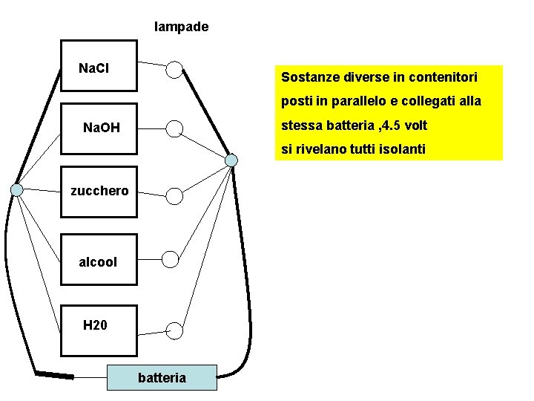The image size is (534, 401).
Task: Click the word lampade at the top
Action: [x=181, y=27]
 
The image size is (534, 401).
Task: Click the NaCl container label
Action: [x=94, y=69]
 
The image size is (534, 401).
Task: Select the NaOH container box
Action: [x=99, y=129]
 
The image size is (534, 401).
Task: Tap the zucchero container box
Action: [x=99, y=192]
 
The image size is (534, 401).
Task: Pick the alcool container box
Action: [x=99, y=261]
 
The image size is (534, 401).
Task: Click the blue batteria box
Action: [x=162, y=377]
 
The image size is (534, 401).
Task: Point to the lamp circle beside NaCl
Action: [x=174, y=69]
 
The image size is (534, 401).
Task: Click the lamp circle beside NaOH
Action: [x=174, y=129]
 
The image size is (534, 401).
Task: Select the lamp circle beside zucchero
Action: [x=174, y=196]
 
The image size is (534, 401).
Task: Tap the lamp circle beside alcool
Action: [x=171, y=259]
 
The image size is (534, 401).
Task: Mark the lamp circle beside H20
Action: [x=174, y=330]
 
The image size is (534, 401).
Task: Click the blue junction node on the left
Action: [x=17, y=189]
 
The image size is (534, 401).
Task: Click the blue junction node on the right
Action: [x=231, y=160]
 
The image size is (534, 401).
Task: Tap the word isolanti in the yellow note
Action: [x=400, y=150]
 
